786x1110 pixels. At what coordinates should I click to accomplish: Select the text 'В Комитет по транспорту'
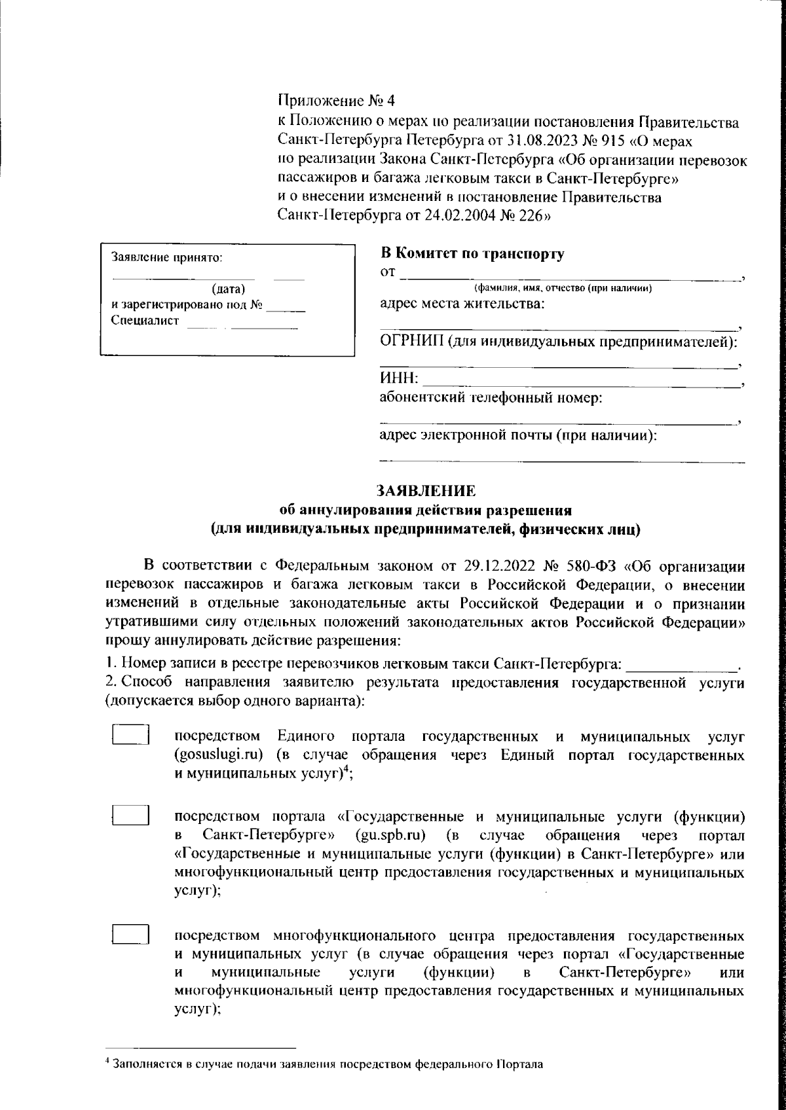click(472, 254)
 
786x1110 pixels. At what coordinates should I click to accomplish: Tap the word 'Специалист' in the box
click(144, 321)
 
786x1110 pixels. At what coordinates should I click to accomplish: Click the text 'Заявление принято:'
click(168, 258)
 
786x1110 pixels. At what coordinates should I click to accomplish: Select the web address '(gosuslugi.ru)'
click(219, 755)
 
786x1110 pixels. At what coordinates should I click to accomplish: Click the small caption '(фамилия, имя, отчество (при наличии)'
click(562, 289)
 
